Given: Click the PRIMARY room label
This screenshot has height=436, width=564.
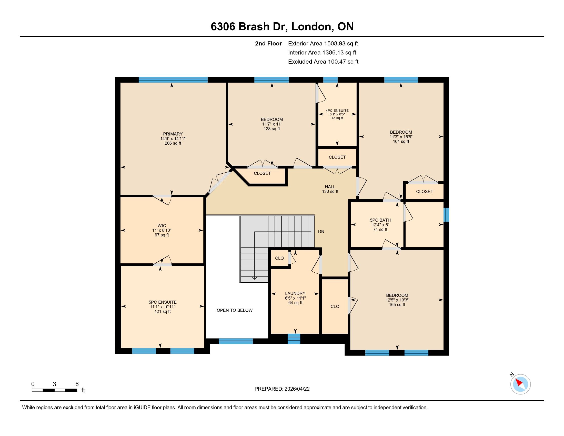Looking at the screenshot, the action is coord(173,134).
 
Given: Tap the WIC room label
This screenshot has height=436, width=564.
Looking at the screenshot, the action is coord(162,225).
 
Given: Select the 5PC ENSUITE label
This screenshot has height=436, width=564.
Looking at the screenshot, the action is coord(163,302).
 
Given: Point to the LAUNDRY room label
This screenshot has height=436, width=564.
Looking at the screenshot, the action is coord(295,293).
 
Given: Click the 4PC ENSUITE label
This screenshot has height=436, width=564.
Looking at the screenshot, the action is coord(337,111).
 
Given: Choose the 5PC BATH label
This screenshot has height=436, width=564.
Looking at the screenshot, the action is coord(380,220).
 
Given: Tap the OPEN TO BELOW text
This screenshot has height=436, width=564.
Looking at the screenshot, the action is coord(235,310).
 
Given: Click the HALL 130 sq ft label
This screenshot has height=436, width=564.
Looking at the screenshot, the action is coord(330,189).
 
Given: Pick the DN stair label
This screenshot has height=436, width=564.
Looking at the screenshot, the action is coord(321,231).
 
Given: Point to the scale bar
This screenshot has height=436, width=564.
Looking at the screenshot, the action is coord(55,390).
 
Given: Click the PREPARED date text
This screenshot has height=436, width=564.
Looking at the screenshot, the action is coord(282,389).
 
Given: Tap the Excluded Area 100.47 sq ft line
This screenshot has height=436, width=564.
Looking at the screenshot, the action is coord(323,62).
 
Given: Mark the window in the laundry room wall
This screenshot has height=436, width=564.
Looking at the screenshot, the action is coord(294,339).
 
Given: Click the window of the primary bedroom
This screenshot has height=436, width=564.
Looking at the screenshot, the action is coord(173,80).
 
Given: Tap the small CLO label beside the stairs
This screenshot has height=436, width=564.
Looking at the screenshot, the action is coord(279,258).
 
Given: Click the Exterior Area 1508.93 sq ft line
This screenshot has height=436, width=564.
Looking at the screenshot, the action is coord(323,44).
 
